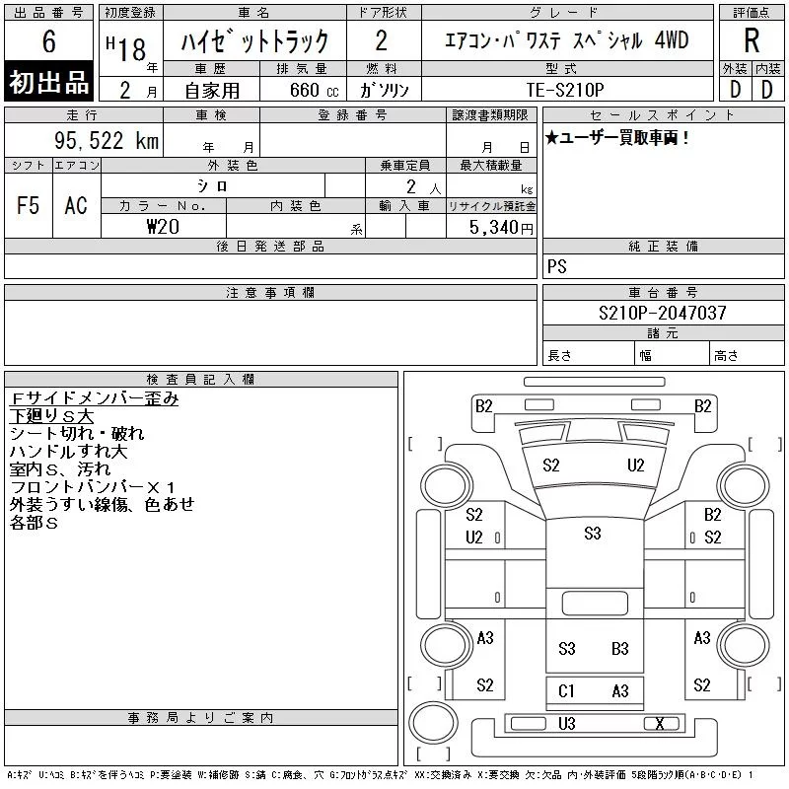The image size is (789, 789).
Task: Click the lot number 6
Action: [49, 42]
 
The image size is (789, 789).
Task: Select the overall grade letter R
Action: [752, 41]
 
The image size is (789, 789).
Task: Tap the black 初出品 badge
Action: [49, 83]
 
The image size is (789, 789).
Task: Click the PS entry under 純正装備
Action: [557, 266]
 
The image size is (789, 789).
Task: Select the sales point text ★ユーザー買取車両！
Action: [617, 138]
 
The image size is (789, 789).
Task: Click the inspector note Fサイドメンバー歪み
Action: [94, 399]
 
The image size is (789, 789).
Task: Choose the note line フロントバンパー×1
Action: [93, 486]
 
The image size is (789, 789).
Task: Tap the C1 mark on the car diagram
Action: [566, 691]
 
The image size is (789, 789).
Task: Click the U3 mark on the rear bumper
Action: [566, 724]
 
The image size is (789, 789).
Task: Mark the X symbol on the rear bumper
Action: [660, 724]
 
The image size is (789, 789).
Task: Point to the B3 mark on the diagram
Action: [619, 649]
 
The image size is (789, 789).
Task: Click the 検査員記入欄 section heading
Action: [201, 379]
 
